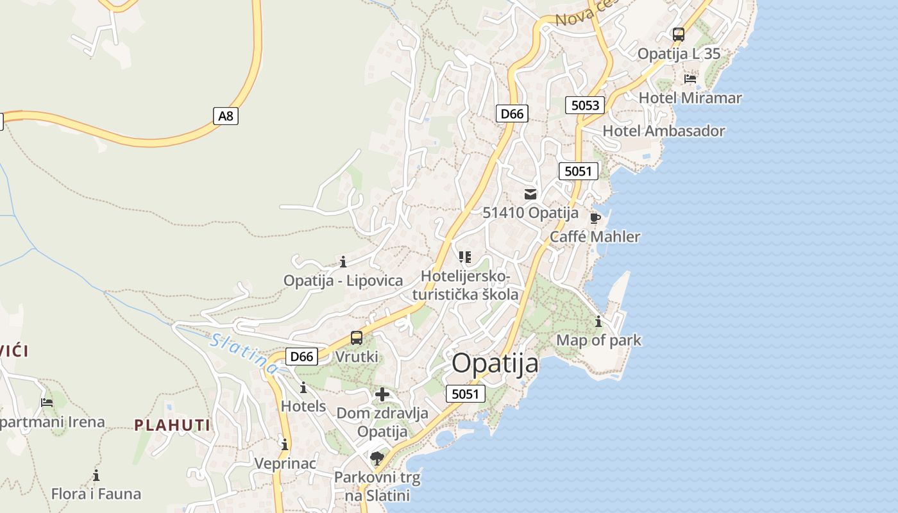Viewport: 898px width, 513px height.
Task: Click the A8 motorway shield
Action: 226,116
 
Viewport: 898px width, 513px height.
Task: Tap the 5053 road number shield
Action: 585,105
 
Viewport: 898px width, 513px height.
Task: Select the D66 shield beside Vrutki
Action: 301,357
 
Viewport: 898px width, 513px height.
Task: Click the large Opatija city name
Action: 495,364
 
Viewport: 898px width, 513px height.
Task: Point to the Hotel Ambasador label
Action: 664,131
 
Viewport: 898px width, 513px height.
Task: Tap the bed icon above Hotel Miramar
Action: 690,79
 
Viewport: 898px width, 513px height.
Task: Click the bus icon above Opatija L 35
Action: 678,35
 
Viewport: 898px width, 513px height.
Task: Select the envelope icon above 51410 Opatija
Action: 530,194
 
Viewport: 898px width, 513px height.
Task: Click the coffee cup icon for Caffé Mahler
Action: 595,218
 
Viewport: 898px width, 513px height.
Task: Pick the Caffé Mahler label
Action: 595,237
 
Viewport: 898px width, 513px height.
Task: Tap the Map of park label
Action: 598,340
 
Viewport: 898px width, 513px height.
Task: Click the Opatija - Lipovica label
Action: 343,280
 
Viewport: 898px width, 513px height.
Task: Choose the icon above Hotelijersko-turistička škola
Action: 465,257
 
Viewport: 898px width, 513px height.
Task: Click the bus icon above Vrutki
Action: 357,338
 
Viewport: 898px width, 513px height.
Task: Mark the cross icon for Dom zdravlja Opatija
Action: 382,394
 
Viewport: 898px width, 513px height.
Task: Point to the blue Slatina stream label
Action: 244,353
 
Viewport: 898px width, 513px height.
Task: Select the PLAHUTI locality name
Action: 172,425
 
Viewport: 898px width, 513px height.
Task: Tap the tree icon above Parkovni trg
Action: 377,458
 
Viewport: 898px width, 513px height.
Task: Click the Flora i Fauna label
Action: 96,494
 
